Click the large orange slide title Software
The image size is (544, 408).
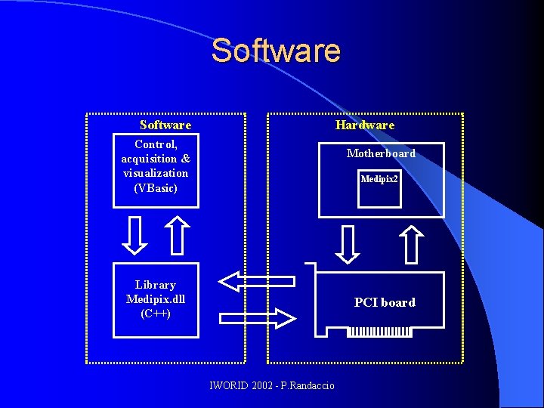pyautogui.click(x=276, y=51)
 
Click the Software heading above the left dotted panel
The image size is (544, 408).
pyautogui.click(x=165, y=125)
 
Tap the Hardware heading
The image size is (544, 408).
pyautogui.click(x=365, y=125)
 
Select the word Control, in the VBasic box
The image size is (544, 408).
pyautogui.click(x=156, y=144)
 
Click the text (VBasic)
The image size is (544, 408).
pyautogui.click(x=156, y=187)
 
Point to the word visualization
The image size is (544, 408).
pyautogui.click(x=156, y=173)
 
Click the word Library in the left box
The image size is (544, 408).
pyautogui.click(x=156, y=285)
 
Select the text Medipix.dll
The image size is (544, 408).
pyautogui.click(x=156, y=298)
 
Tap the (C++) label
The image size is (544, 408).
pyautogui.click(x=156, y=313)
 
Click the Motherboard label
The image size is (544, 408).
pyautogui.click(x=381, y=153)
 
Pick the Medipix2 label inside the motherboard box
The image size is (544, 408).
pyautogui.click(x=379, y=179)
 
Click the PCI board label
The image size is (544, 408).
pyautogui.click(x=385, y=302)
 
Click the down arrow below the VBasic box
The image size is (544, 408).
pyautogui.click(x=134, y=235)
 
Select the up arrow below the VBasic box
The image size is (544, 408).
pyautogui.click(x=177, y=235)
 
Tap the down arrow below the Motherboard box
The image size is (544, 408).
pyautogui.click(x=348, y=243)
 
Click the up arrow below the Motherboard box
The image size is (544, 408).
pyautogui.click(x=412, y=243)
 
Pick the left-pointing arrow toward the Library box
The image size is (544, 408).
pyautogui.click(x=257, y=281)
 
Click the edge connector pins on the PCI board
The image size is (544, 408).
pyautogui.click(x=379, y=332)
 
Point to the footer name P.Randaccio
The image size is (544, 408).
pyautogui.click(x=305, y=386)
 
